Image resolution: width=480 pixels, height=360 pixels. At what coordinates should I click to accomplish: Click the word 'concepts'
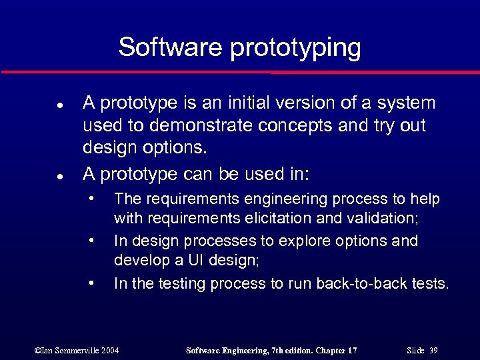pos(269,127)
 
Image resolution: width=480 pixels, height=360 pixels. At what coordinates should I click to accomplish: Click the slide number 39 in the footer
pos(433,350)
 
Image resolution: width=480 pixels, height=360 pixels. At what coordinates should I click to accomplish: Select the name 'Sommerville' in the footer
pos(75,350)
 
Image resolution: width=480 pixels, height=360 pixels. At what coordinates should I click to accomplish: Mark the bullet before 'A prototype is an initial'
pos(59,105)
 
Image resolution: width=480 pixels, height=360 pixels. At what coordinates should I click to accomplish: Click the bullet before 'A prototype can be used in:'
pos(59,177)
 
